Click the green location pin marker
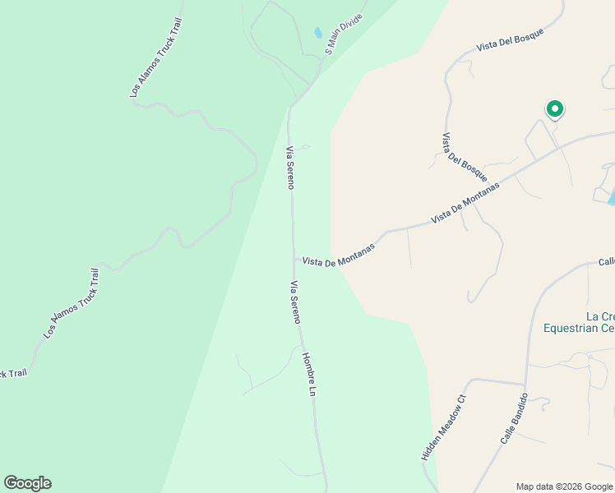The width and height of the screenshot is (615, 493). pos(555,108)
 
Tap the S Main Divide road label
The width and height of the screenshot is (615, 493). pos(344,33)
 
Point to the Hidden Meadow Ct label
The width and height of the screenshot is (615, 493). pos(444,426)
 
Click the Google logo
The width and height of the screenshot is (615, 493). pos(27,483)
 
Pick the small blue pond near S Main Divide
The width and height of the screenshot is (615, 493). pos(317,34)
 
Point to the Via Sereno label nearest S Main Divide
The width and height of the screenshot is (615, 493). pos(289,168)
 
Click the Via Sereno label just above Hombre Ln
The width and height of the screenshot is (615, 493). pos(295,302)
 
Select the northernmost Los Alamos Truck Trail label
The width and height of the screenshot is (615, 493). pos(155,58)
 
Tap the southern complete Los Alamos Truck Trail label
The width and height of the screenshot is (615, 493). pos(72,303)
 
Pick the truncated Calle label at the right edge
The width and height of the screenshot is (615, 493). pos(606,262)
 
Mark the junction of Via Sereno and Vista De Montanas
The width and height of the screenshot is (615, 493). pos(295,257)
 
